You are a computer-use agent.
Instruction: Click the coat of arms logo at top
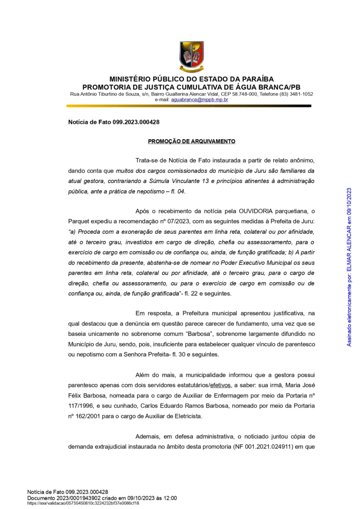point(191,57)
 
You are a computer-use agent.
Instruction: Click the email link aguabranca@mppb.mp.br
point(199,100)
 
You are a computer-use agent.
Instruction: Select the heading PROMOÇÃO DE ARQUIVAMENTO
point(191,141)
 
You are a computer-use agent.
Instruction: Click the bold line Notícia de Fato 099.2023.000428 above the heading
point(113,122)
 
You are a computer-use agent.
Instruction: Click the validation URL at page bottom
point(83,503)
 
